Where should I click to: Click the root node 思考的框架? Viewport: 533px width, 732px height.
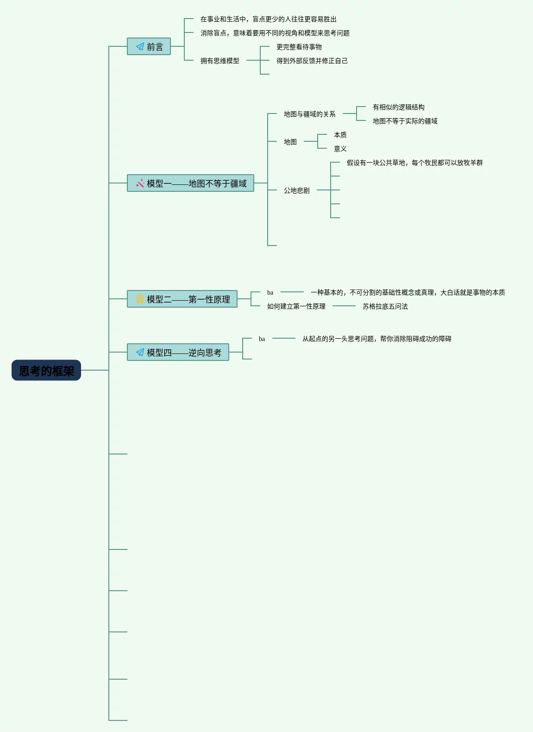(46, 370)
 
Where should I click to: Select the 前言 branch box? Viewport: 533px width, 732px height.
(149, 46)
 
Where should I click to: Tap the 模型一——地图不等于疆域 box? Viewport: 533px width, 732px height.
(190, 183)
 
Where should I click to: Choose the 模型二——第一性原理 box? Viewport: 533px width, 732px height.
(182, 299)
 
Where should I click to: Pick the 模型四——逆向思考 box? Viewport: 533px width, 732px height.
(178, 352)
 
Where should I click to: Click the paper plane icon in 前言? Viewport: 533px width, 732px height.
(140, 46)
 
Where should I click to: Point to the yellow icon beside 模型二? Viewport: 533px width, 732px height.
(140, 299)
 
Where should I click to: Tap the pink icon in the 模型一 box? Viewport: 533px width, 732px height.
(140, 183)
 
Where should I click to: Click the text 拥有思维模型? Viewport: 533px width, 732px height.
(219, 61)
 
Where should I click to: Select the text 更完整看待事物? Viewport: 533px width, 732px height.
(299, 47)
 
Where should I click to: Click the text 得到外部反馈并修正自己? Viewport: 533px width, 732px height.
(312, 61)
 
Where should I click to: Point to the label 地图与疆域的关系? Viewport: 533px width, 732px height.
(309, 114)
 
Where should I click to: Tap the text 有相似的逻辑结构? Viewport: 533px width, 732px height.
(398, 107)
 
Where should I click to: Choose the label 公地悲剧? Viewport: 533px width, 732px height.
(296, 190)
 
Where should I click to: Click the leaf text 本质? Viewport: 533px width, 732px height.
(340, 135)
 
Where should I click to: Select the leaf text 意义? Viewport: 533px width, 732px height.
(340, 149)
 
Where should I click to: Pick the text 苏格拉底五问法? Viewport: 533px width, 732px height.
(385, 306)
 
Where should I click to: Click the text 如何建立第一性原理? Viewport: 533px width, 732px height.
(296, 306)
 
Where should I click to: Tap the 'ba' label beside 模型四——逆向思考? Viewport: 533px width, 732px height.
(262, 339)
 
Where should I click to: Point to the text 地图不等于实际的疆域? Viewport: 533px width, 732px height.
(405, 121)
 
